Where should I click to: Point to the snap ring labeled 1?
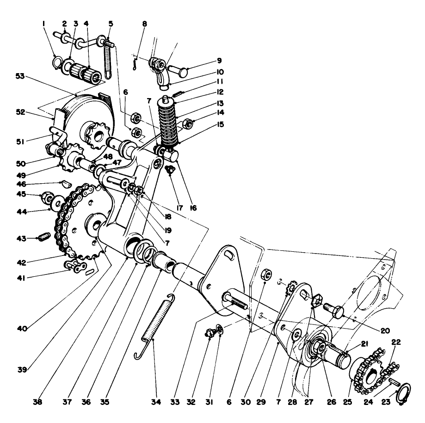coord(58,62)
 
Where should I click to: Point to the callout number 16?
coord(193,208)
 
